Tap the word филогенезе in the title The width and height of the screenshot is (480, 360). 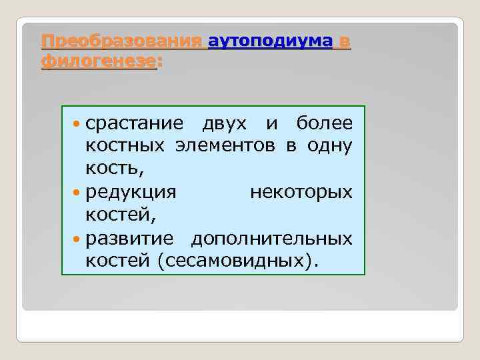[x=98, y=62]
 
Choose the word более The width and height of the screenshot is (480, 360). [x=324, y=123]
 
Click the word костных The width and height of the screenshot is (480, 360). [x=127, y=146]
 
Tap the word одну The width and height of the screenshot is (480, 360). [x=330, y=146]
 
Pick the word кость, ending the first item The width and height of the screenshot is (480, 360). [x=111, y=169]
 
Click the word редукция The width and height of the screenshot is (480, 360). [x=131, y=192]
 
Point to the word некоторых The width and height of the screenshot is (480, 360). [x=301, y=192]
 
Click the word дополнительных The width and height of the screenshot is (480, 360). [x=272, y=237]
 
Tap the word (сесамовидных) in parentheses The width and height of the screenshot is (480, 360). [x=238, y=260]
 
